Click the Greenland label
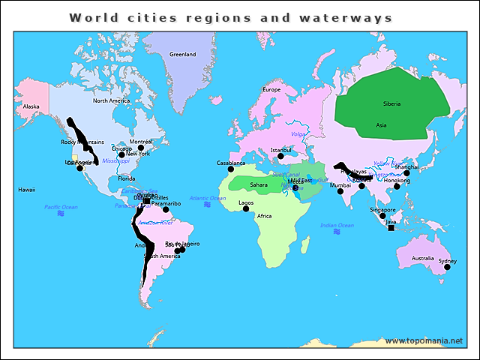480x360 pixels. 182,55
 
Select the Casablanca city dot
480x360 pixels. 231,169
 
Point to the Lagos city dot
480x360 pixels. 246,208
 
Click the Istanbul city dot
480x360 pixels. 280,157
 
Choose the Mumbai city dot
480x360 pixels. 340,191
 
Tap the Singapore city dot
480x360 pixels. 382,216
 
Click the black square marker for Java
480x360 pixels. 391,228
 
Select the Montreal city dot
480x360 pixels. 140,148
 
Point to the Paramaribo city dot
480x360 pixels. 166,209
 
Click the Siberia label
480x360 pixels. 391,103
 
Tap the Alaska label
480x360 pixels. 31,106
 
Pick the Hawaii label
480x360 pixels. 27,190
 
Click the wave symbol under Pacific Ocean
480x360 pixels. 61,214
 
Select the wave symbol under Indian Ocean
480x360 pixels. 337,232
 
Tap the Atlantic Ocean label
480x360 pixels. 208,198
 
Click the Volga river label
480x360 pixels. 298,135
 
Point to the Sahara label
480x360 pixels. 259,184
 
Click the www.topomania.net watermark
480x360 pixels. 424,341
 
